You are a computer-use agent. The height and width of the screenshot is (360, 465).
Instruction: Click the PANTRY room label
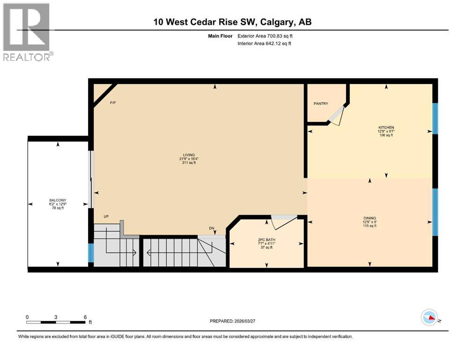[x=321, y=104]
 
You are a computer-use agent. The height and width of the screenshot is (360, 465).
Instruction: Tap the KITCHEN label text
[x=386, y=127]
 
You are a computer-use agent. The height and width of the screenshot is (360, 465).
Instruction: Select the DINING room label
[x=369, y=217]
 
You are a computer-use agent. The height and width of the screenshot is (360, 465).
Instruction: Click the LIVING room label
[x=189, y=155]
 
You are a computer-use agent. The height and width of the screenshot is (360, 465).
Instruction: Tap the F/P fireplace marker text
[x=113, y=103]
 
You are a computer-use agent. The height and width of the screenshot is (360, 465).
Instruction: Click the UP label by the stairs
[x=107, y=217]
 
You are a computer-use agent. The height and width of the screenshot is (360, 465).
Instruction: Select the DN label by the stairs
[x=212, y=229]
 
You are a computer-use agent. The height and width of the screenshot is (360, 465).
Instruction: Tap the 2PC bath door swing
[x=284, y=222]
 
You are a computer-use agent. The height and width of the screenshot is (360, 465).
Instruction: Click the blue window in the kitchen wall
[x=435, y=118]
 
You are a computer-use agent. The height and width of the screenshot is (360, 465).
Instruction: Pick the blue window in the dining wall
[x=435, y=211]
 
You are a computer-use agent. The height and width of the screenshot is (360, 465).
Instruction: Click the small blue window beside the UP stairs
[x=91, y=254]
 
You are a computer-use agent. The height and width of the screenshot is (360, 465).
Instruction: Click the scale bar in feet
[x=56, y=322]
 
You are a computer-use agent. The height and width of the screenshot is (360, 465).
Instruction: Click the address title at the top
[x=232, y=22]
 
